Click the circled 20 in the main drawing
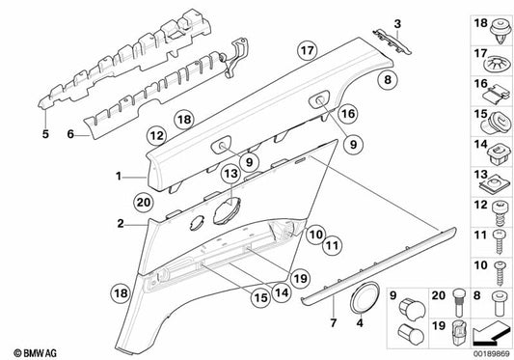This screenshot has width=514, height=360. coord(144,202)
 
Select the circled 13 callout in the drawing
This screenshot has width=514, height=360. coord(229,173)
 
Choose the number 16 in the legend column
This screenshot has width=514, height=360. coord(478,86)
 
